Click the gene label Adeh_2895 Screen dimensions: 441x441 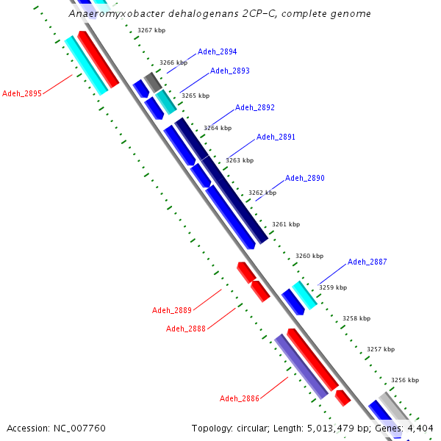point(22,93)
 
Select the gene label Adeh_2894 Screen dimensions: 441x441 point(217,52)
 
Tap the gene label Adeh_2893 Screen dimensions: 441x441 point(230,71)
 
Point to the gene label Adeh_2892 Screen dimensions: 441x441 point(255,108)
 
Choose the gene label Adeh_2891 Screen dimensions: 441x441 point(276,137)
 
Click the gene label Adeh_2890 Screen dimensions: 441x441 point(305,179)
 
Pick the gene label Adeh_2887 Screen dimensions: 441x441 point(367,262)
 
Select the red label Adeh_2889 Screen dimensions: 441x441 point(172,310)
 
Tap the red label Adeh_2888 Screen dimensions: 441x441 point(186,329)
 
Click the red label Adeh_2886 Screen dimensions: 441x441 point(240,398)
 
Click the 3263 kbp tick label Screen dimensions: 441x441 point(239,160)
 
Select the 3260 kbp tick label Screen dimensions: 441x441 point(309,257)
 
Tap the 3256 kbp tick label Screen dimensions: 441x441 point(404,380)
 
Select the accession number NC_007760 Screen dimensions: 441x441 point(79,428)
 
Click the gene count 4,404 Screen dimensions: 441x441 point(420,428)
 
